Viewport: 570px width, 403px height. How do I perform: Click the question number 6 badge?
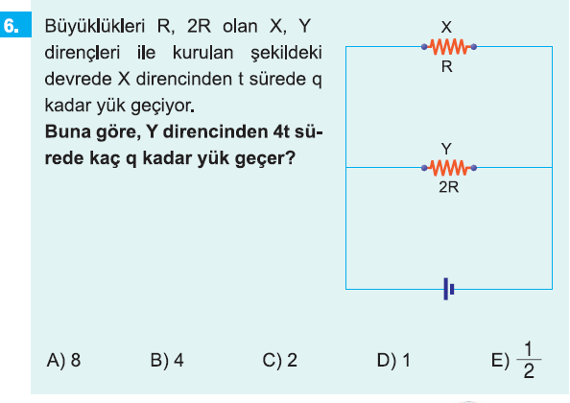tap(15, 24)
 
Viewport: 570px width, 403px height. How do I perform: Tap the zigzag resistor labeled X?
tap(449, 46)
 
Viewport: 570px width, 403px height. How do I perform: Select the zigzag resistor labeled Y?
tap(449, 168)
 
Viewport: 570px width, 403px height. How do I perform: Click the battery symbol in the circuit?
tap(449, 289)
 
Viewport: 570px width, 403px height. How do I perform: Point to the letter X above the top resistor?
tap(446, 27)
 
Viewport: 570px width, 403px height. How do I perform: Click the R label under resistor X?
tap(447, 66)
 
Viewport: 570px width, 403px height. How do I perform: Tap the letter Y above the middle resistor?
tap(446, 149)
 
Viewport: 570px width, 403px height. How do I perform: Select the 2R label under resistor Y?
tap(448, 187)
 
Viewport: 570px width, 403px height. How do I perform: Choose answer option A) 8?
tap(63, 360)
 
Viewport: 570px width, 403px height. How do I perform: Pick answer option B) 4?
tap(167, 360)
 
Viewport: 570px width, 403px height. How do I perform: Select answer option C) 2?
tap(280, 360)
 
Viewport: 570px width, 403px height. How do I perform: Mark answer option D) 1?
tap(393, 360)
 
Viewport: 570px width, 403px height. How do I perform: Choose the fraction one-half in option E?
tap(529, 360)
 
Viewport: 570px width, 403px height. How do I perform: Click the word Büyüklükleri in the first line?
tap(94, 27)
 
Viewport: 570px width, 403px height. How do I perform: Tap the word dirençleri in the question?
tap(83, 53)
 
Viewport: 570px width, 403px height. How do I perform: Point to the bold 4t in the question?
tap(280, 131)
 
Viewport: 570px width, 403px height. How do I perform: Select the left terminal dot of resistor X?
tap(424, 47)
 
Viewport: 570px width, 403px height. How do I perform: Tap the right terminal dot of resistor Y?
tap(474, 168)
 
